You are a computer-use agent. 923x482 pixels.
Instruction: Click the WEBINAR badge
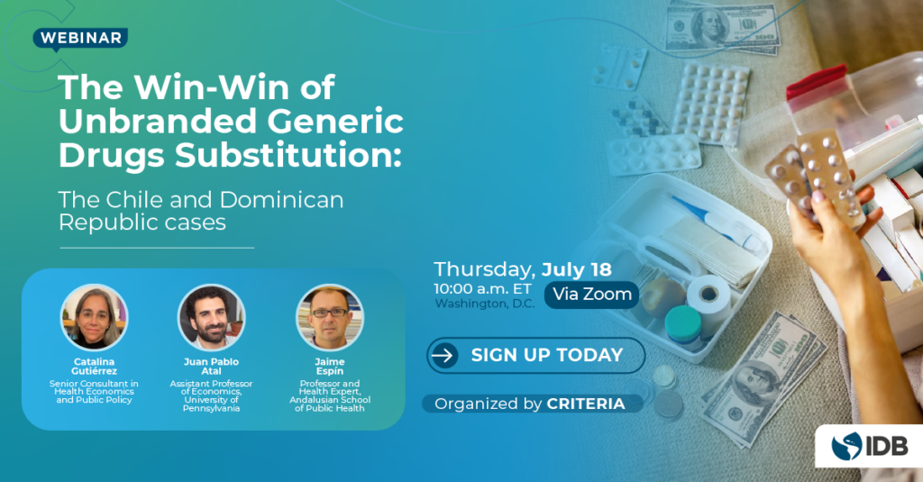pos(80,38)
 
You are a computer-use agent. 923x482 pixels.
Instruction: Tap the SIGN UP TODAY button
pos(535,356)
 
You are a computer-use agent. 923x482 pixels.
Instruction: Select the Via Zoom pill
pos(591,295)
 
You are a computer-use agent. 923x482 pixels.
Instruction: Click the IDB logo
pos(870,446)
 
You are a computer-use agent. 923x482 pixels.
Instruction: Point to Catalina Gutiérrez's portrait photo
pos(94,318)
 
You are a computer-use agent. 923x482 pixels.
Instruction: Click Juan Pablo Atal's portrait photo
pos(211,318)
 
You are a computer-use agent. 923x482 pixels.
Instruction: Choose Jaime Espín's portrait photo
pos(330,318)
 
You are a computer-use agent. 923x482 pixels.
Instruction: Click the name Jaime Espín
pos(330,366)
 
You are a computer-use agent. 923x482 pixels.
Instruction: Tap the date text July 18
pos(576,269)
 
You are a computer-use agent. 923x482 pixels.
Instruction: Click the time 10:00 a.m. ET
pos(482,289)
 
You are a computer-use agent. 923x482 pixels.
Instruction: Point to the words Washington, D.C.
pos(485,304)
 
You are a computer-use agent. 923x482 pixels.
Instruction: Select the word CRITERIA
pos(586,404)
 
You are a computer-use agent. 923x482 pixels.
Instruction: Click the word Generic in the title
pos(335,121)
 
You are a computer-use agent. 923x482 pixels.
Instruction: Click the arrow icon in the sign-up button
pos(443,356)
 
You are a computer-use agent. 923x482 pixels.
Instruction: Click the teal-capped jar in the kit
pos(683,323)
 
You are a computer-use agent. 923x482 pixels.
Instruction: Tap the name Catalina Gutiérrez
pos(94,366)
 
